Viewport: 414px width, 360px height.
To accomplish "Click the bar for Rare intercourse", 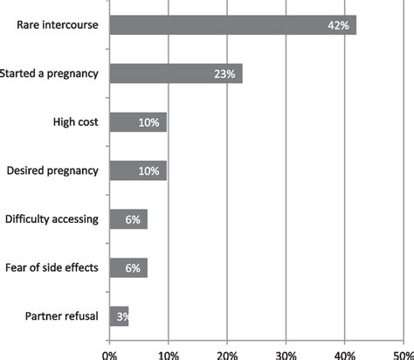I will (232, 25).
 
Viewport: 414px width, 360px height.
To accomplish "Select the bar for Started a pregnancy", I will (176, 74).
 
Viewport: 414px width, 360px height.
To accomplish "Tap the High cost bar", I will (138, 122).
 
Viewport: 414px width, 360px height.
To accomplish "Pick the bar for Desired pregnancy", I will (138, 170).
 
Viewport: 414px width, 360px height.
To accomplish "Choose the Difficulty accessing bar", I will (128, 218).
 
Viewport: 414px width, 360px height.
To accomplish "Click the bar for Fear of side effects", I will (128, 267).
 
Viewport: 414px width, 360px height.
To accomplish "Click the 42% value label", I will (338, 26).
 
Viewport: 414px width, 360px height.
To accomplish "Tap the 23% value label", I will (224, 74).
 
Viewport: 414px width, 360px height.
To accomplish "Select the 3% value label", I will (121, 315).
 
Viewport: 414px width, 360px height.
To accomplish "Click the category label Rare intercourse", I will (57, 25).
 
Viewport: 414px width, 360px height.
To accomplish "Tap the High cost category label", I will (77, 121).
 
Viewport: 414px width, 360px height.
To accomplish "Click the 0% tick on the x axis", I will (110, 354).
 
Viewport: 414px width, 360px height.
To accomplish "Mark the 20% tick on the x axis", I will (227, 354).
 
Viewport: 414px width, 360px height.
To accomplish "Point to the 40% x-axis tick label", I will (345, 354).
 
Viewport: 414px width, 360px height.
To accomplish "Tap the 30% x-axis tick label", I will (286, 354).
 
